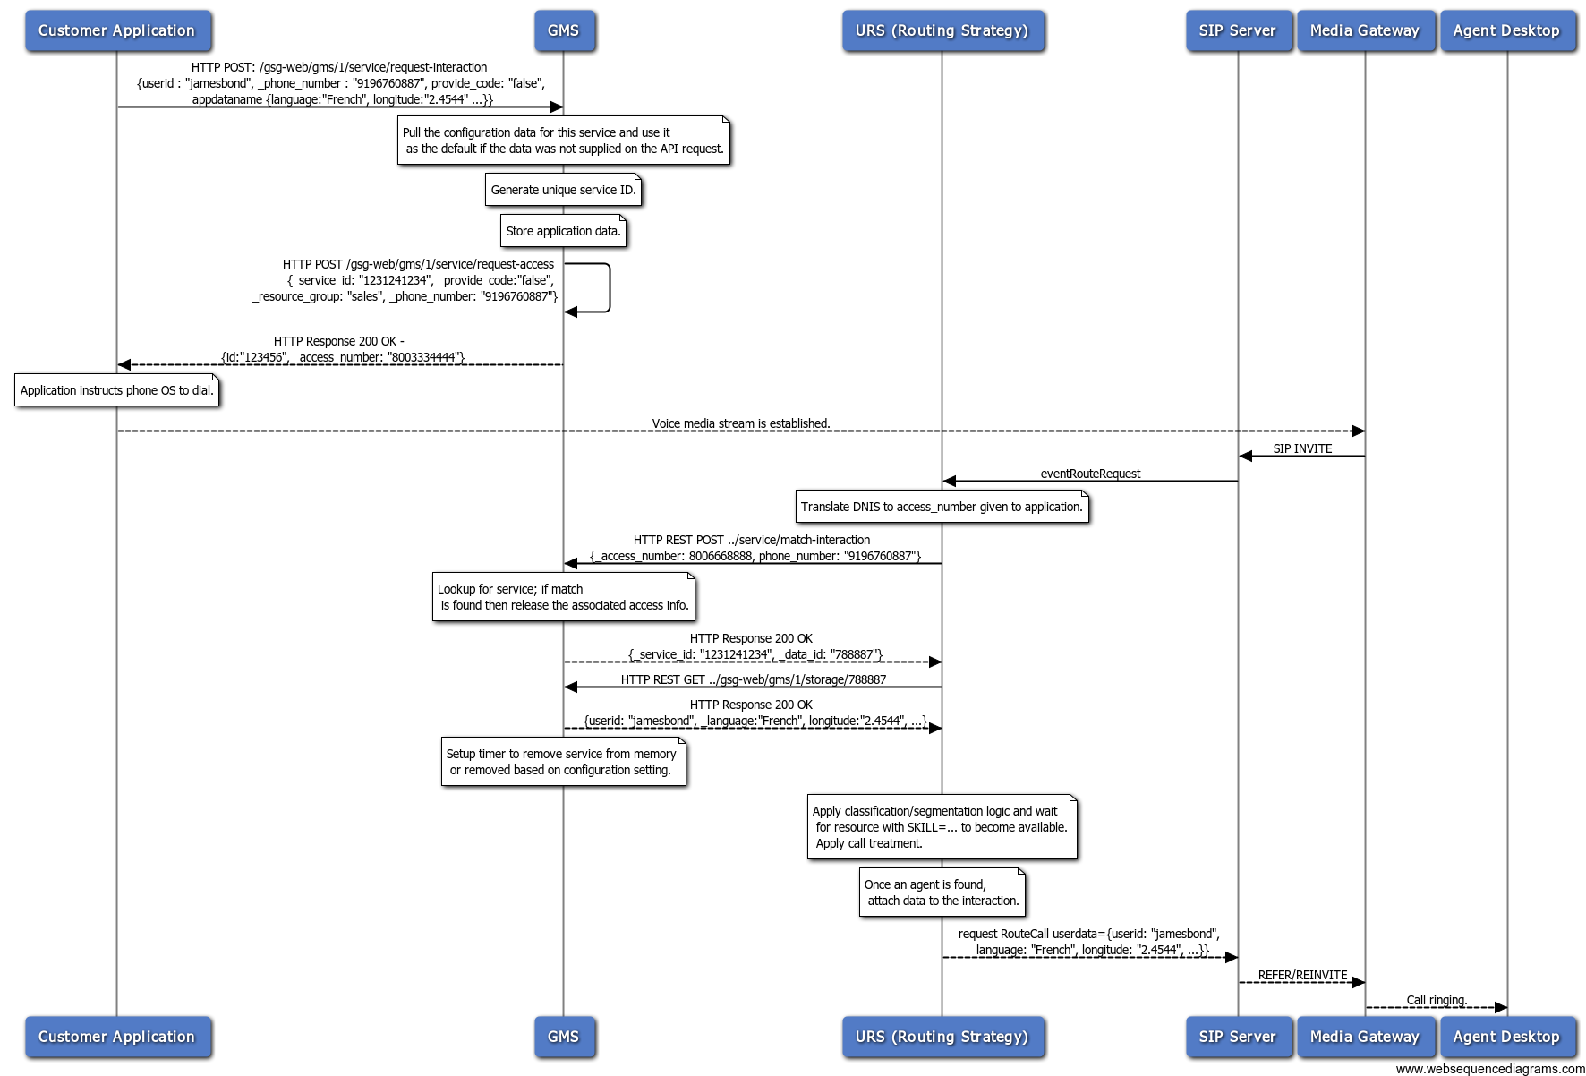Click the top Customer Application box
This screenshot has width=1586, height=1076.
coord(117,30)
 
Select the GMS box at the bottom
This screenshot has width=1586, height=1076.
coord(564,1037)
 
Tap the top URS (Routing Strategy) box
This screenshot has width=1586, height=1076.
coord(942,30)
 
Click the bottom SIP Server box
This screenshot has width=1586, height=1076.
coord(1238,1037)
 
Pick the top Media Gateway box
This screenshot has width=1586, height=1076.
coord(1365,30)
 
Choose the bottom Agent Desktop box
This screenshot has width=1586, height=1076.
coord(1507,1037)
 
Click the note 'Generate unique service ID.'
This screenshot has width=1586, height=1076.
coord(564,190)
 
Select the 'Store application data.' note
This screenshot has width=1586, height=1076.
coord(564,231)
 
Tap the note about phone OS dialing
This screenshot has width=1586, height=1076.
coord(117,390)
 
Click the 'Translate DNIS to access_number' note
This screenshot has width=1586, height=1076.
coord(942,507)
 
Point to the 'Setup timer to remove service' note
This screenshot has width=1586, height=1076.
coord(564,762)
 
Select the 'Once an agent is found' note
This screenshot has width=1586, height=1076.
coord(942,892)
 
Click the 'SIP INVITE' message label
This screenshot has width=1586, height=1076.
coord(1302,448)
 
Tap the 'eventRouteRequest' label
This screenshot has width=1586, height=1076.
coord(1090,474)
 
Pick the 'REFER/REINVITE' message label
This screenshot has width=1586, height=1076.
coord(1302,975)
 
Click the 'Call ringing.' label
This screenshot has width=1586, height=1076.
coord(1437,1000)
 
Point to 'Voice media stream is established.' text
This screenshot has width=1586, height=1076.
coord(741,423)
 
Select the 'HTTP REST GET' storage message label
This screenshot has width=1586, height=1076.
coord(754,679)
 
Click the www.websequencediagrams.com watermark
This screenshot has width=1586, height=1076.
coord(1490,1069)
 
